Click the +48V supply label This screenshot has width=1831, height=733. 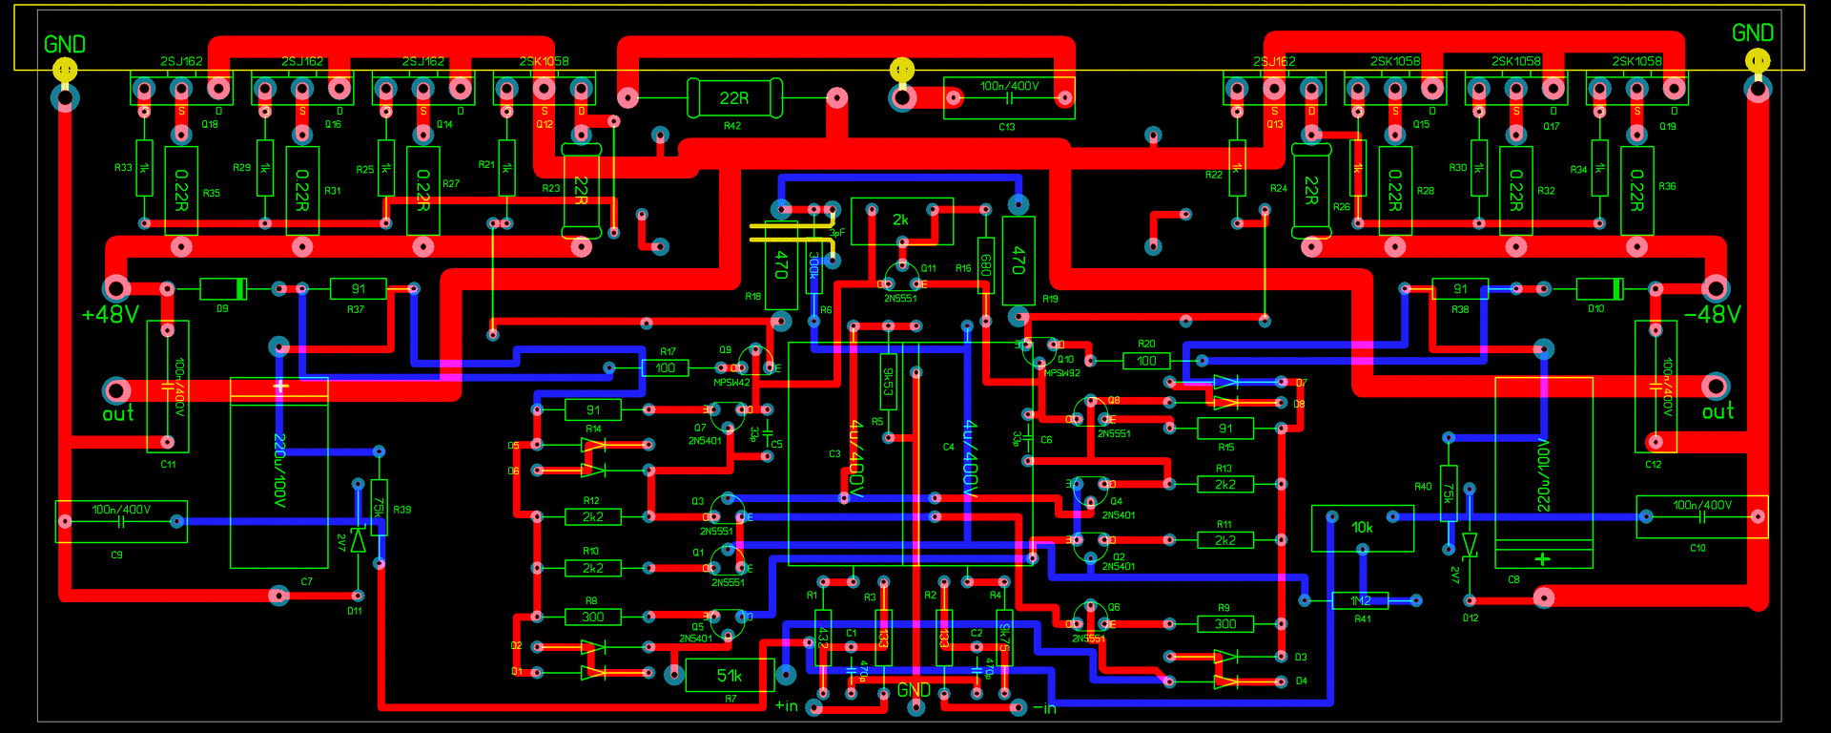(x=111, y=315)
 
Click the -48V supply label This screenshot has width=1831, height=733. (x=1713, y=315)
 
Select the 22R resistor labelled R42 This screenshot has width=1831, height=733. (x=733, y=97)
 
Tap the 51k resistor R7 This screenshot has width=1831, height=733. (x=730, y=676)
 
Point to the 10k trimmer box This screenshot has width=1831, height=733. (x=1362, y=528)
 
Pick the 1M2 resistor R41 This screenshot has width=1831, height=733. (x=1361, y=600)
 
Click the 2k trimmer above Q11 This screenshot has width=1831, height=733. (x=901, y=220)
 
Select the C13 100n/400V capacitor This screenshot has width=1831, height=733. (x=1009, y=97)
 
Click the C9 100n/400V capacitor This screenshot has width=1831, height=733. (x=121, y=521)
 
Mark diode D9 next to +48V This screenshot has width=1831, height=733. (x=223, y=288)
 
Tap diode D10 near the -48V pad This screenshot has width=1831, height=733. (x=1599, y=288)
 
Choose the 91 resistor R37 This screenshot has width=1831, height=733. (x=358, y=288)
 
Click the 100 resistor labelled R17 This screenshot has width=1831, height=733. (x=665, y=367)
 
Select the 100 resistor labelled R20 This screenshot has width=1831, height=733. (x=1146, y=361)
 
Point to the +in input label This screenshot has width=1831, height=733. (x=786, y=706)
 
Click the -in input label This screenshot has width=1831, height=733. (x=1045, y=708)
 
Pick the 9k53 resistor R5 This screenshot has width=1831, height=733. (x=888, y=382)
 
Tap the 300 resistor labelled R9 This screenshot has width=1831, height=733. (x=1225, y=624)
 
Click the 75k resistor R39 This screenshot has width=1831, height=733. (x=379, y=506)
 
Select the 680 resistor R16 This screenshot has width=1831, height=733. (x=986, y=264)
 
